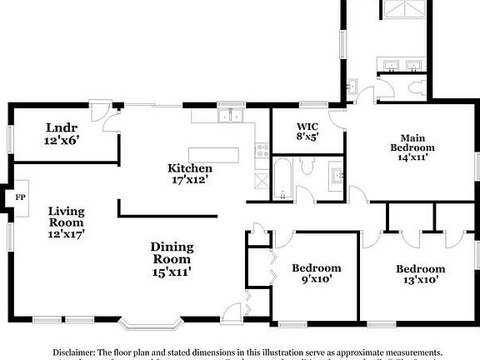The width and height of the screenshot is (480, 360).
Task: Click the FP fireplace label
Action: (18, 198)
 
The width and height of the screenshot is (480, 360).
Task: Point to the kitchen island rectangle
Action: (214, 155)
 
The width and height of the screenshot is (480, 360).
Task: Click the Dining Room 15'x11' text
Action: (172, 258)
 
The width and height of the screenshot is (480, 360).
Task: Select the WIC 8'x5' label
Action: (308, 132)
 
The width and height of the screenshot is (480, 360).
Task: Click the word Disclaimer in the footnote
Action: (76, 352)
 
